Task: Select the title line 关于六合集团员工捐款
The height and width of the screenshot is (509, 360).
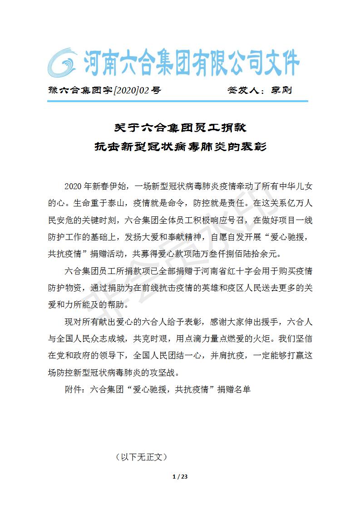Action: (180, 127)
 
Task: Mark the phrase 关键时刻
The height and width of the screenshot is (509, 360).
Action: (100, 221)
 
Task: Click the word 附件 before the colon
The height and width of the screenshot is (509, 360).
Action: (74, 389)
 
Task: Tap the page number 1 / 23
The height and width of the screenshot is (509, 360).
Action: (180, 477)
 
